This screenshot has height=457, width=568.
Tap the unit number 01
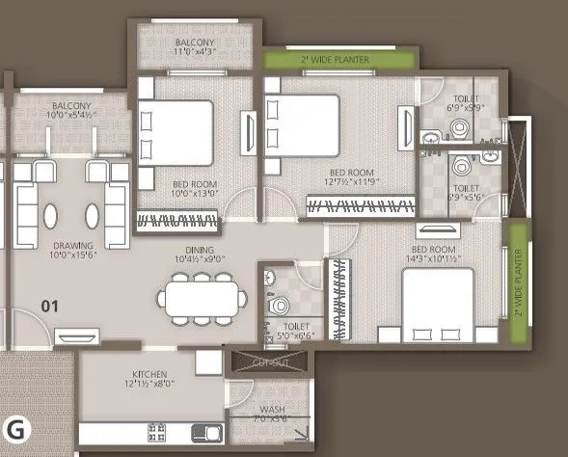click(x=50, y=308)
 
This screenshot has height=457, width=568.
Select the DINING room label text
click(x=199, y=253)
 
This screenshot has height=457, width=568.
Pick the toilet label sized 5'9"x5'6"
click(x=467, y=195)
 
